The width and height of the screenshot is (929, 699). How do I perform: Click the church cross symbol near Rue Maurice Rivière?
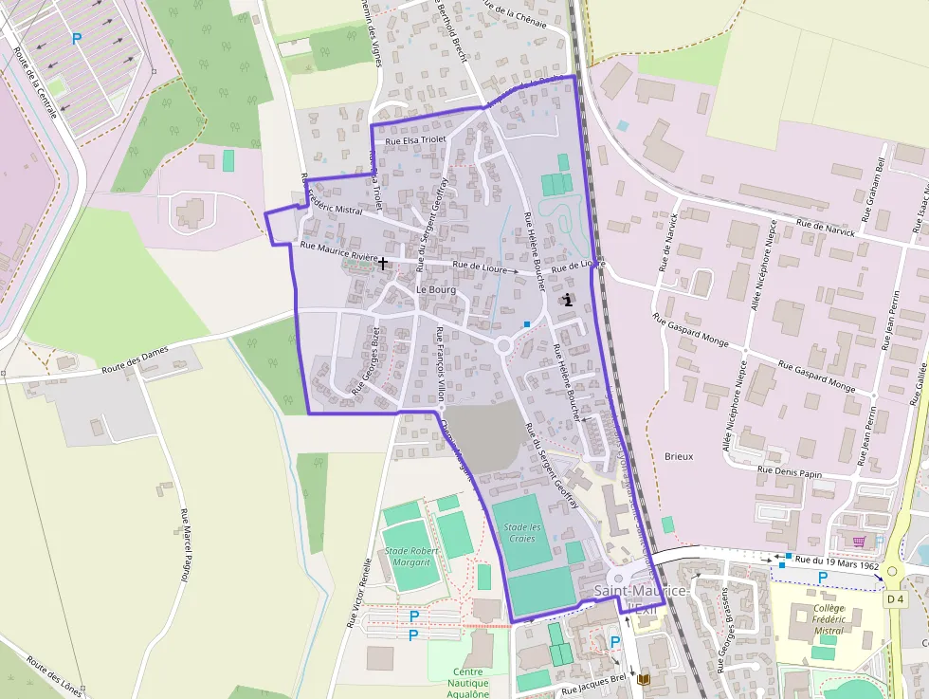coord(383,262)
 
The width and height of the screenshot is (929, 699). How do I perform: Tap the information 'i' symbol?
coord(568,300)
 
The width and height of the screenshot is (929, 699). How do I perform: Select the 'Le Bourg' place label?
coord(436,289)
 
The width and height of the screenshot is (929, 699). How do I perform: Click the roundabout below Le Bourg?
coord(504,345)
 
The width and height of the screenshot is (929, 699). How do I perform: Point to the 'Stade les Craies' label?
coord(522,533)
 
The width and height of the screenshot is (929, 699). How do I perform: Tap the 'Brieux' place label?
coord(679,456)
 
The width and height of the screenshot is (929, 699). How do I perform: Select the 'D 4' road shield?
coord(896,599)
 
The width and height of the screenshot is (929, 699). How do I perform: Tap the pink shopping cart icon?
coord(859,542)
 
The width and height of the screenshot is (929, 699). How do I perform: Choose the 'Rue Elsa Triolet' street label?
coord(415,140)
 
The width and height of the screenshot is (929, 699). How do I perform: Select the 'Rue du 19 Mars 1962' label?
coord(837,561)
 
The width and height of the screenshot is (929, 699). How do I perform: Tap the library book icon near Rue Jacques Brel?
coord(644,680)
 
